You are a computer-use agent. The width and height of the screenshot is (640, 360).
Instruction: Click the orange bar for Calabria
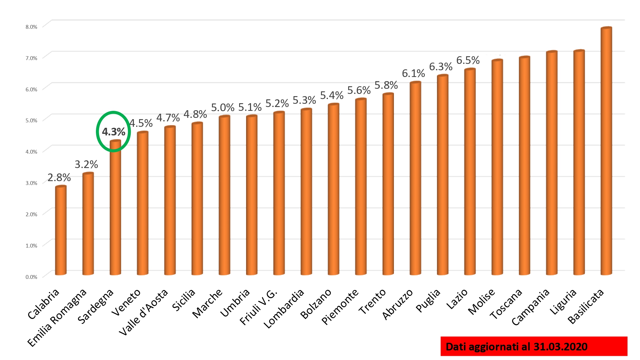61,230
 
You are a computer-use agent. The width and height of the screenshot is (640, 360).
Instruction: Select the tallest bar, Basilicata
606,150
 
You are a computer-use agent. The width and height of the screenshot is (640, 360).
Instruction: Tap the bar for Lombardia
306,192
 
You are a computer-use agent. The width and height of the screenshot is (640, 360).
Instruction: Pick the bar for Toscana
524,166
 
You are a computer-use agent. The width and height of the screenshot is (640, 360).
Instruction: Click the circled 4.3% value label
113,132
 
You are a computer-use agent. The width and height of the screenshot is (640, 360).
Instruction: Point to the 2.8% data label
59,178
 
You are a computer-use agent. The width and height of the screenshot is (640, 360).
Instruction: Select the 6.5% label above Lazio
468,60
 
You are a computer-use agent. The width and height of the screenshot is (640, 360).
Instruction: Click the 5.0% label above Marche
222,108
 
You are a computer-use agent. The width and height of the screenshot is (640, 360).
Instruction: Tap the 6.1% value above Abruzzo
413,74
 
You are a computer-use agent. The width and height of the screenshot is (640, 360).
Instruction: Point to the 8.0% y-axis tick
31,27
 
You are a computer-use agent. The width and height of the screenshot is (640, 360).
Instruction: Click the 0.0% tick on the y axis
31,277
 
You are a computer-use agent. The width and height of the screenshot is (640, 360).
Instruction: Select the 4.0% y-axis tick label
31,152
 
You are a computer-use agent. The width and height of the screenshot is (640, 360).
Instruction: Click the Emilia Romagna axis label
57,318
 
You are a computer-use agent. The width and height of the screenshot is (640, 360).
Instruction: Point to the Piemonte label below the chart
340,307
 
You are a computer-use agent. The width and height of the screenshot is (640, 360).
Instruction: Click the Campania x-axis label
530,307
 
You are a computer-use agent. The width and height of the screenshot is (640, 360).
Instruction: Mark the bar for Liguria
579,163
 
